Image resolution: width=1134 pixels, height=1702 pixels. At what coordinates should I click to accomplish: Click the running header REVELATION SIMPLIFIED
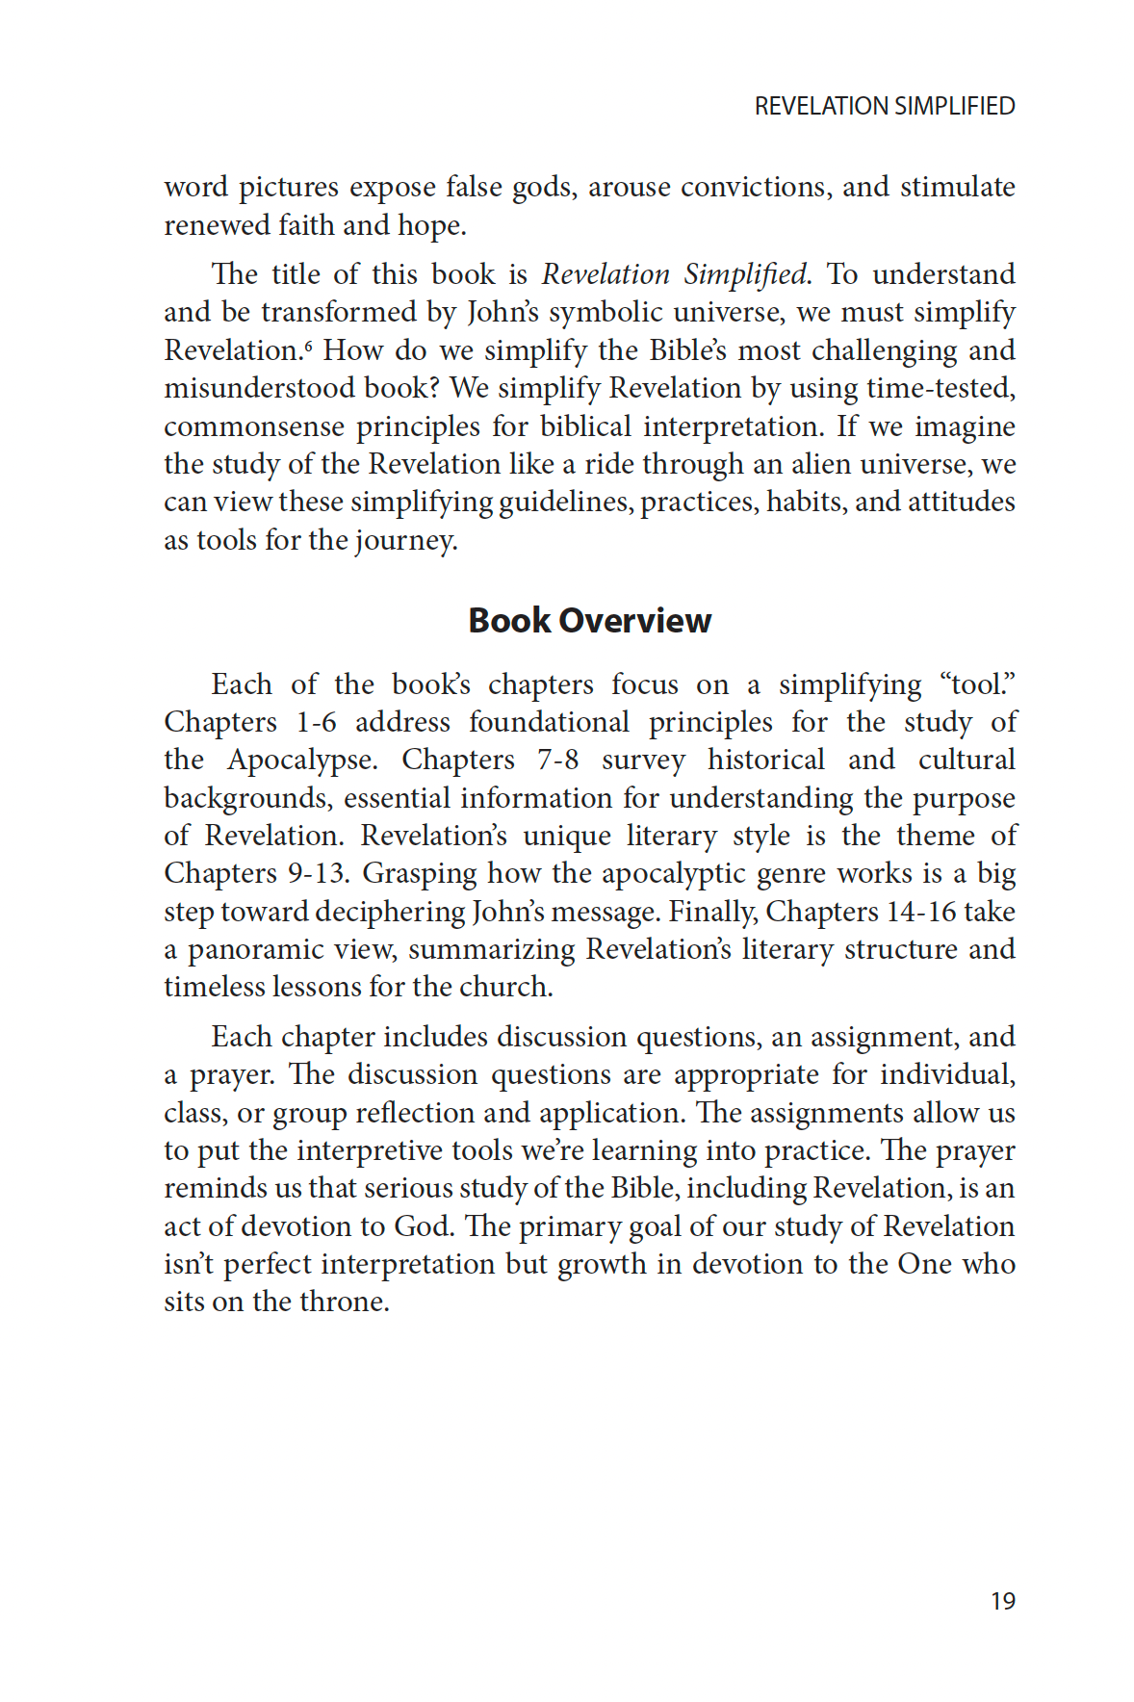click(x=884, y=106)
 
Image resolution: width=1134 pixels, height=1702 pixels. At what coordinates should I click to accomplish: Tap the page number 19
click(x=1002, y=1601)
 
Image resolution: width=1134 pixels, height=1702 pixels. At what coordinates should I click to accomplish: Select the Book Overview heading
click(x=589, y=621)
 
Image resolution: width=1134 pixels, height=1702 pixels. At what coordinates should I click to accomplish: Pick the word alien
click(x=821, y=464)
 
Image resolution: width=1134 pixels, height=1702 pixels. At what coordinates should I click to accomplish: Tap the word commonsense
click(x=253, y=426)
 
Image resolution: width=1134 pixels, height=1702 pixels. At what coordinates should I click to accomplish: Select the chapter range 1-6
click(x=316, y=722)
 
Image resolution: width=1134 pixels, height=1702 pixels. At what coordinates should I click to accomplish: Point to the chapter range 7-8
click(x=558, y=760)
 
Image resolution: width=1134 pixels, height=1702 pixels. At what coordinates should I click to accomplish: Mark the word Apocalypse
click(x=301, y=761)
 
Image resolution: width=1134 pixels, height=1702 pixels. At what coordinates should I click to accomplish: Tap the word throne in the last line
click(x=344, y=1302)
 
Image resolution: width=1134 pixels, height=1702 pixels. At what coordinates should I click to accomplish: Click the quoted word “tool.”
click(x=977, y=684)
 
